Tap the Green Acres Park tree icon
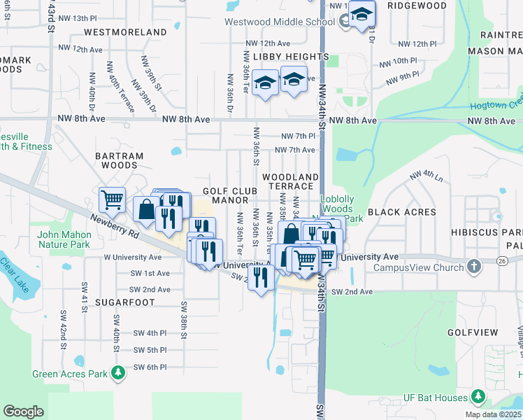click(x=119, y=373)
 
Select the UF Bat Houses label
click(x=435, y=398)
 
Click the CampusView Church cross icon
click(x=475, y=267)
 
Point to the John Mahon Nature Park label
click(x=64, y=239)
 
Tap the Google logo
click(x=23, y=412)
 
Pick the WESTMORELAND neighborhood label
click(x=125, y=32)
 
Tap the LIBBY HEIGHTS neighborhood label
click(x=291, y=56)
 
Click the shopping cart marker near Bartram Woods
click(x=112, y=200)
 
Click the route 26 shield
click(x=503, y=261)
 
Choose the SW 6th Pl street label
click(x=148, y=367)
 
